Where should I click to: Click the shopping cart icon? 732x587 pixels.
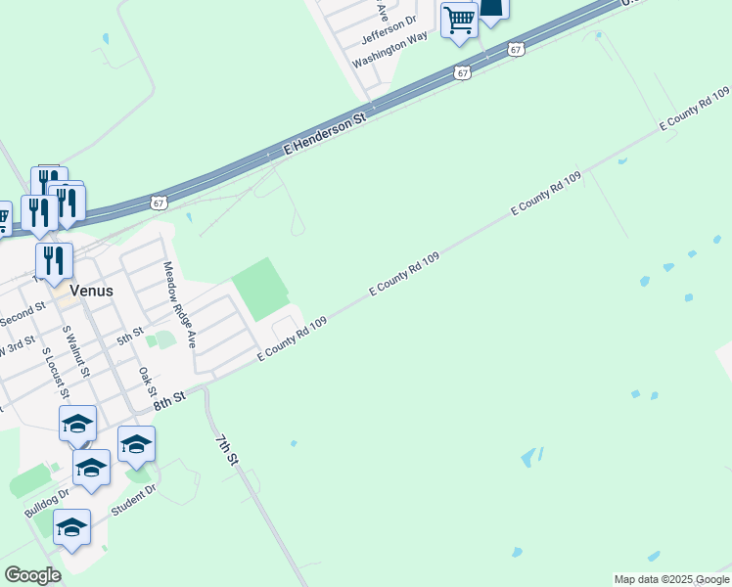459,20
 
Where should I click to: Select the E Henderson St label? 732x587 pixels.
324,134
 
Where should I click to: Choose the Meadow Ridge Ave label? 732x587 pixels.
180,305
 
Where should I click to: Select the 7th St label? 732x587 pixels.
226,444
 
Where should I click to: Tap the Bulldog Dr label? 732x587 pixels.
47,501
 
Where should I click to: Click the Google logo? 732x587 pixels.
32,575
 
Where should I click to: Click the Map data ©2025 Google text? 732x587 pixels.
671,579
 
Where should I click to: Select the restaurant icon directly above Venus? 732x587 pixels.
55,260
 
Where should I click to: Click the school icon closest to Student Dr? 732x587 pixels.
72,528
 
